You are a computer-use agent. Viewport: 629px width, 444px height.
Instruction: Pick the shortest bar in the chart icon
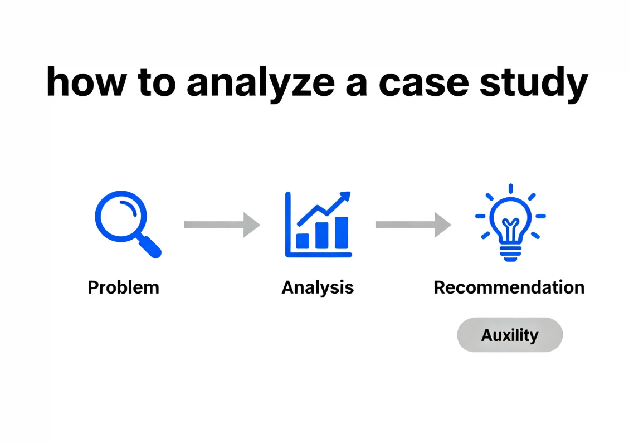[x=303, y=240]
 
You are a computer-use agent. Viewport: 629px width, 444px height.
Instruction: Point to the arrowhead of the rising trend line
[x=346, y=196]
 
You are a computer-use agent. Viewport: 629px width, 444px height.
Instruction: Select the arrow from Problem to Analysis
[x=221, y=225]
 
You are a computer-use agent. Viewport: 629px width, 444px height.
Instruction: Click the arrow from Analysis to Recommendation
[x=413, y=225]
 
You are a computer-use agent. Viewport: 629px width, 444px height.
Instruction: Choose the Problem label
[x=123, y=287]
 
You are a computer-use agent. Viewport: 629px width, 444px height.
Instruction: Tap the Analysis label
[x=318, y=287]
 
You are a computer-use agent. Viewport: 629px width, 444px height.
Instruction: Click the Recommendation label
[x=509, y=287]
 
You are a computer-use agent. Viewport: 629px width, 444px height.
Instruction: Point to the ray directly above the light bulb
[x=510, y=189]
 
